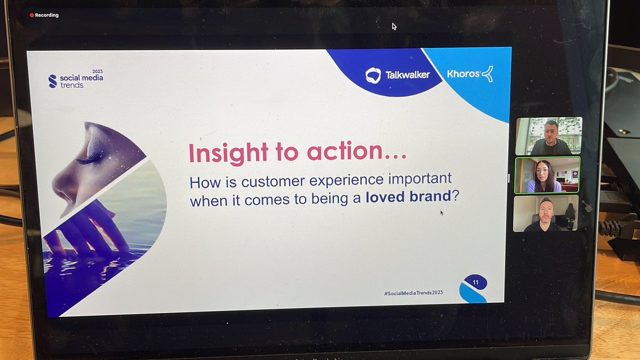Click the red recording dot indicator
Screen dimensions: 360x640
[x=31, y=15]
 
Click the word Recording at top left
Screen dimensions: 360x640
[x=47, y=15]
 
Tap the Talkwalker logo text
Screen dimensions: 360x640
[x=407, y=75]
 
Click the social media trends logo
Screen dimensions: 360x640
[x=75, y=81]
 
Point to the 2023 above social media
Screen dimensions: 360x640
[x=97, y=71]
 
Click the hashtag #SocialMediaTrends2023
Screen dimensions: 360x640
[x=413, y=293]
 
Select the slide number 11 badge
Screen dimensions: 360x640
[x=474, y=282]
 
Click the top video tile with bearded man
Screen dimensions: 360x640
[x=548, y=136]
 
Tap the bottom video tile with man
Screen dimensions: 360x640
[x=545, y=213]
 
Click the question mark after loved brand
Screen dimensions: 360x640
[x=455, y=197]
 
